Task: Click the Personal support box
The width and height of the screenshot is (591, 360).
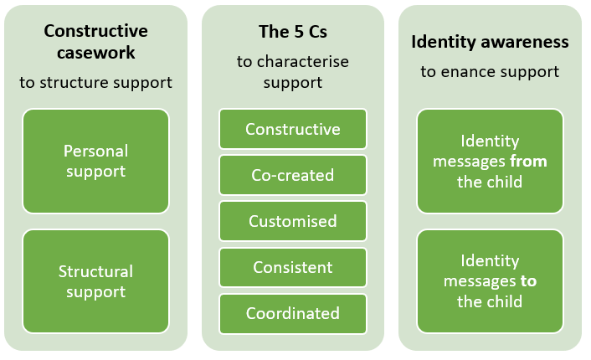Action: pyautogui.click(x=95, y=161)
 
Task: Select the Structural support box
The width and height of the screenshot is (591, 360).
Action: pyautogui.click(x=95, y=281)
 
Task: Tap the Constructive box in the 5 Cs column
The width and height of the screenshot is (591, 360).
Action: pyautogui.click(x=292, y=130)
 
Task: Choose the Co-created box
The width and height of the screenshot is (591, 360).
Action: pyautogui.click(x=292, y=176)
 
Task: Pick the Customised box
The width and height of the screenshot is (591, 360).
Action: pyautogui.click(x=292, y=222)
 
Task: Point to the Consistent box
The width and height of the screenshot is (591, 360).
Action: pyautogui.click(x=292, y=268)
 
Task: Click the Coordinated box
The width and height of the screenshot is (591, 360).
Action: pyautogui.click(x=292, y=314)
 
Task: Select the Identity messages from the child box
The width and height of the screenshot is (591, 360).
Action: pyautogui.click(x=490, y=161)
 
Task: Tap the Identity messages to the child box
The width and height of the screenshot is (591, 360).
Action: pyautogui.click(x=490, y=281)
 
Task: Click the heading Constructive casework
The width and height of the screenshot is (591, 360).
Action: pyautogui.click(x=95, y=42)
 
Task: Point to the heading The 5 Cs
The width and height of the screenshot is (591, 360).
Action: pyautogui.click(x=292, y=32)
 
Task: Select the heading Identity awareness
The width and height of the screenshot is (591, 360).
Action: pyautogui.click(x=490, y=42)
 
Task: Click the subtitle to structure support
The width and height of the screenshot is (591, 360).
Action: pyautogui.click(x=95, y=82)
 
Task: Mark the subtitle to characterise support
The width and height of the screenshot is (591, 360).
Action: pyautogui.click(x=292, y=72)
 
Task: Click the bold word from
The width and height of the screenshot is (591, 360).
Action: pyautogui.click(x=529, y=162)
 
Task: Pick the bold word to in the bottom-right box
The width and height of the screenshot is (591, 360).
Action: pyautogui.click(x=528, y=281)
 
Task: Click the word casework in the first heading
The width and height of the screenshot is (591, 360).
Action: pyautogui.click(x=95, y=52)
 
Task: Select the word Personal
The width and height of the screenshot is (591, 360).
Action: pyautogui.click(x=95, y=151)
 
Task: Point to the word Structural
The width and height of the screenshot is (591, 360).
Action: pyautogui.click(x=95, y=271)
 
